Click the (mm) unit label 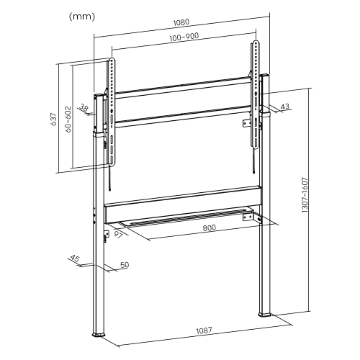(82, 17)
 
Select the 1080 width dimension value (181, 22)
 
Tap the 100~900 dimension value (184, 37)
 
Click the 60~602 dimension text (68, 119)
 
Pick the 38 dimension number (84, 108)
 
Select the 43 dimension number (285, 106)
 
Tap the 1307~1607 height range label (305, 195)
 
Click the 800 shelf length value (209, 228)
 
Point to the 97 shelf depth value (118, 234)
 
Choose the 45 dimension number (75, 259)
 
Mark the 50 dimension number (124, 265)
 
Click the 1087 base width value (204, 330)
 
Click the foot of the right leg (265, 315)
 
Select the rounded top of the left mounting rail (112, 60)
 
